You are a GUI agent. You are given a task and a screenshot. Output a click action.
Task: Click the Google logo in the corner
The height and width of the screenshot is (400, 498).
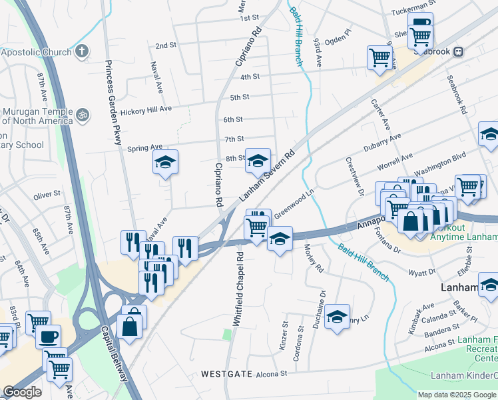pos(22,392)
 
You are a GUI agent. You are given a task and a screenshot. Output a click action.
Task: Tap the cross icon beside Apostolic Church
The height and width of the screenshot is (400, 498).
pos(81,51)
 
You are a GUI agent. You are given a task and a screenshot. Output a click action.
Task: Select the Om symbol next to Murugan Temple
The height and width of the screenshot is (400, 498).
pos(83,115)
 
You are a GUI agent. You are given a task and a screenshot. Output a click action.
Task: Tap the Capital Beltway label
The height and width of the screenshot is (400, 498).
pos(115,353)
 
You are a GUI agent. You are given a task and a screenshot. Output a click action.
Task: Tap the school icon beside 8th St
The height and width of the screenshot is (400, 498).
pos(258,160)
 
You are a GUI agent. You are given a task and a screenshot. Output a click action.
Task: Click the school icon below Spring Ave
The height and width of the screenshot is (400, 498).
pos(165,162)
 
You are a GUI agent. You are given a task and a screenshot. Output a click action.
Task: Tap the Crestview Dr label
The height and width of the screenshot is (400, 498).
pos(354,177)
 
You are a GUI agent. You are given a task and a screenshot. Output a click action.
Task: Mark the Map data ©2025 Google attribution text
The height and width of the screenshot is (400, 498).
pos(457,395)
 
